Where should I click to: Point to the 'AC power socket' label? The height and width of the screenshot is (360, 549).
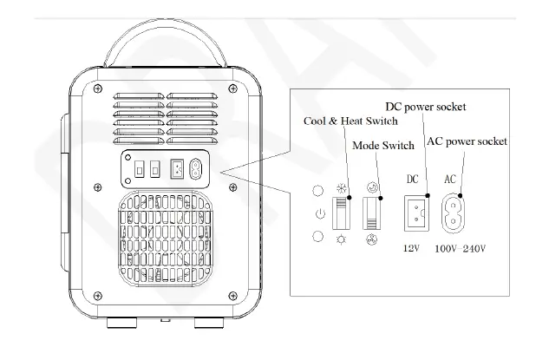(467, 141)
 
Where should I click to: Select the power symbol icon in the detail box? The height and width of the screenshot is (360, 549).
(319, 213)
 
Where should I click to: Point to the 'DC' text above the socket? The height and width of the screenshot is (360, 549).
(414, 179)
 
